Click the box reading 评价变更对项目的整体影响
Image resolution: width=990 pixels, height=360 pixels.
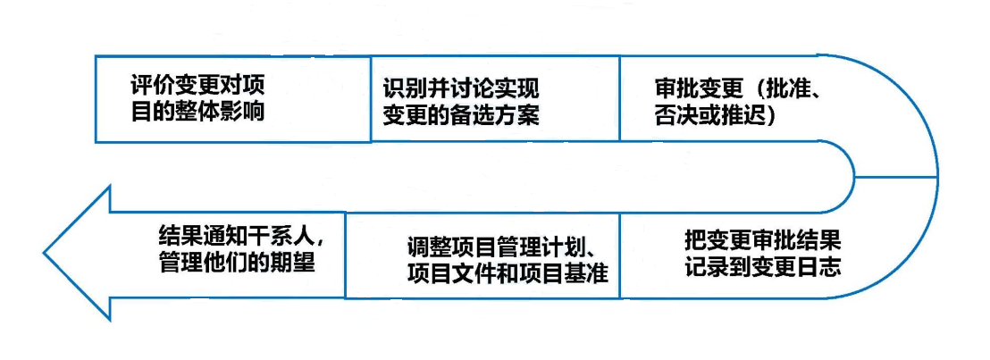(232, 98)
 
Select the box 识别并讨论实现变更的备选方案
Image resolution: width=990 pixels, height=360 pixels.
(495, 98)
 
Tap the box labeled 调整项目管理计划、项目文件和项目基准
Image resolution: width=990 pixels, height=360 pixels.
(482, 256)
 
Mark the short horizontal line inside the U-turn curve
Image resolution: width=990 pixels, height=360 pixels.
(896, 176)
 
